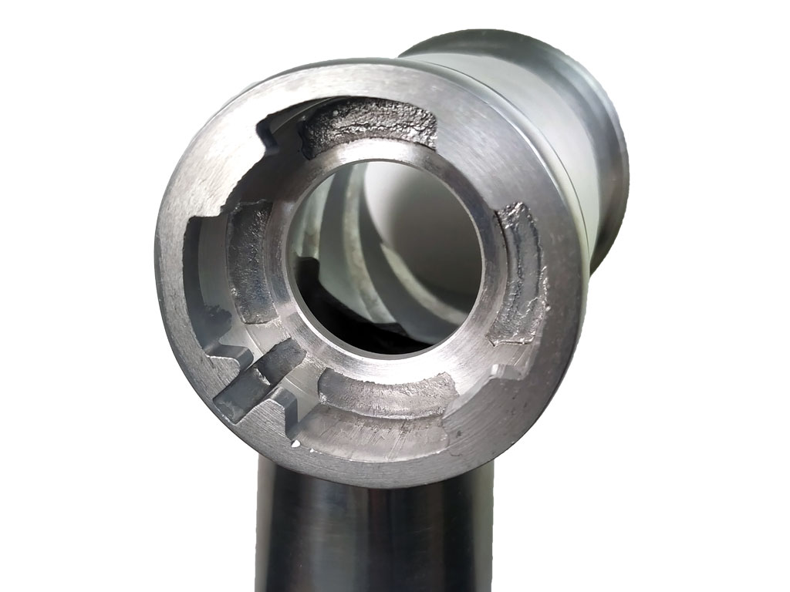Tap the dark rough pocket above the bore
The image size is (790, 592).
(x=367, y=127)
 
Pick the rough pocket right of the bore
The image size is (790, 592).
(x=517, y=274)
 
